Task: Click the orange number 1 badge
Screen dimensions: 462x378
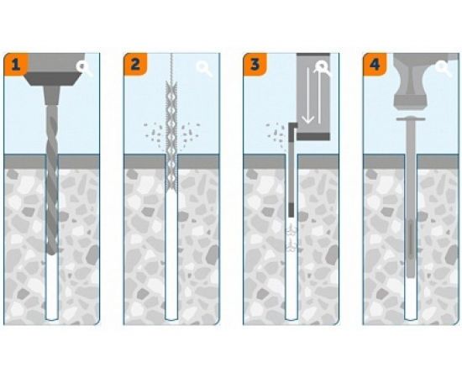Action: click(x=15, y=64)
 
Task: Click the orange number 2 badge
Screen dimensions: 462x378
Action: click(x=135, y=64)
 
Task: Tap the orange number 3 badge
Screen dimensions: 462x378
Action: click(x=255, y=64)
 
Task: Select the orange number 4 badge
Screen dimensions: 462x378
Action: click(x=375, y=64)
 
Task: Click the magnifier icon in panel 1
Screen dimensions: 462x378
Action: click(x=84, y=68)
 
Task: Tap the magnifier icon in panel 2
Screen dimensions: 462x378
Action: click(x=204, y=68)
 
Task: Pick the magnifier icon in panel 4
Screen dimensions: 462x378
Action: click(x=444, y=68)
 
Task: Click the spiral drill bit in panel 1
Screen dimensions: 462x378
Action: click(x=52, y=180)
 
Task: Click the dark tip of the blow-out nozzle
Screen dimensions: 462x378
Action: click(x=291, y=210)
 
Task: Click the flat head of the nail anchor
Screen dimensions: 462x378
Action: click(x=411, y=118)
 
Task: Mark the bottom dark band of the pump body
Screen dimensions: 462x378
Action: click(x=313, y=136)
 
